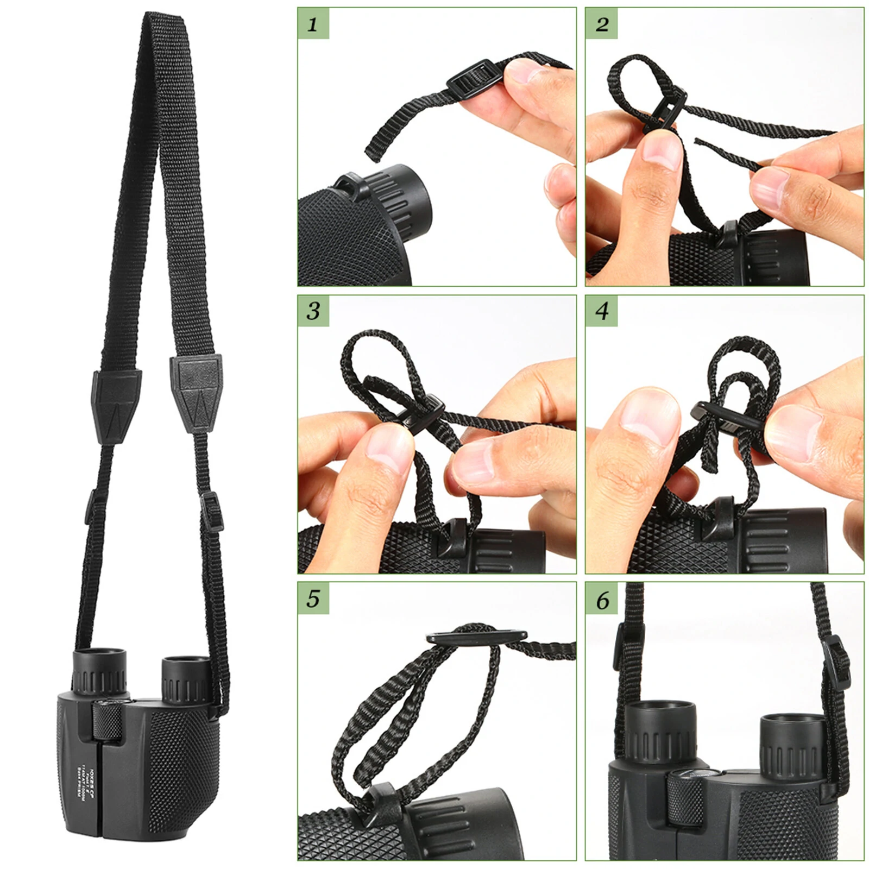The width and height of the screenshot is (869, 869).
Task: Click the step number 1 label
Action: click(x=313, y=24)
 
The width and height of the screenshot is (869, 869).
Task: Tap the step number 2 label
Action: click(x=601, y=24)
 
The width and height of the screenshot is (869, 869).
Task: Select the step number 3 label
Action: click(x=313, y=311)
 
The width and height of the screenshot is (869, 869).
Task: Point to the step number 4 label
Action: click(x=601, y=311)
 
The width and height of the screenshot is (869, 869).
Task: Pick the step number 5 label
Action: click(x=313, y=598)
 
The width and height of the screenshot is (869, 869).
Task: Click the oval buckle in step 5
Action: click(x=477, y=637)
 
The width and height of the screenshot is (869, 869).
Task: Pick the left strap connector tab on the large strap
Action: click(x=116, y=404)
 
